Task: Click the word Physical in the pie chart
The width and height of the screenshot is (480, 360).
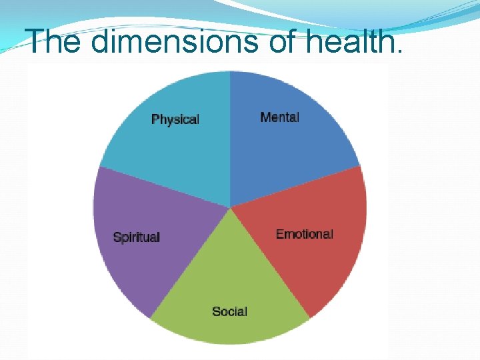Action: pos(175,119)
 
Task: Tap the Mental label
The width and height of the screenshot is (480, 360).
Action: pos(279,117)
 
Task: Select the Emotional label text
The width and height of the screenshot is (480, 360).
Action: pos(304,234)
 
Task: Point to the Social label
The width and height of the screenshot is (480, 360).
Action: pos(229,311)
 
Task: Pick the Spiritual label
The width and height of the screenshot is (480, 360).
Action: pos(137,237)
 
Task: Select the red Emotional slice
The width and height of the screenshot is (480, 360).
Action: pos(307,260)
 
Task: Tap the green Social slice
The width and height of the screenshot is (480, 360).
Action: pos(229,287)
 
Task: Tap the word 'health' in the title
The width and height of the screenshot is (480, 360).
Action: pos(359,41)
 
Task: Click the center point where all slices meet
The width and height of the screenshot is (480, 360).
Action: pos(230,207)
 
